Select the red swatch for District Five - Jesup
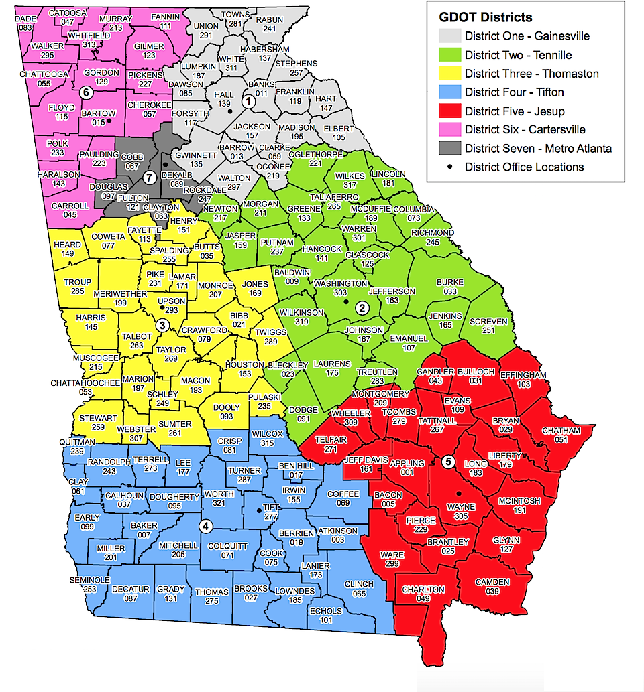click(450, 111)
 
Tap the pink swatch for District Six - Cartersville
click(450, 129)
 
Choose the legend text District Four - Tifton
click(514, 92)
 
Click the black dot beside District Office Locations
click(450, 167)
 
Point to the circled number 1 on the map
click(248, 102)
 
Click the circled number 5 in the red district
click(448, 462)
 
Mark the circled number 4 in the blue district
click(207, 525)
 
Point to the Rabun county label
click(269, 22)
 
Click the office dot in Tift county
click(259, 512)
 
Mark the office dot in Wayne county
click(458, 493)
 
